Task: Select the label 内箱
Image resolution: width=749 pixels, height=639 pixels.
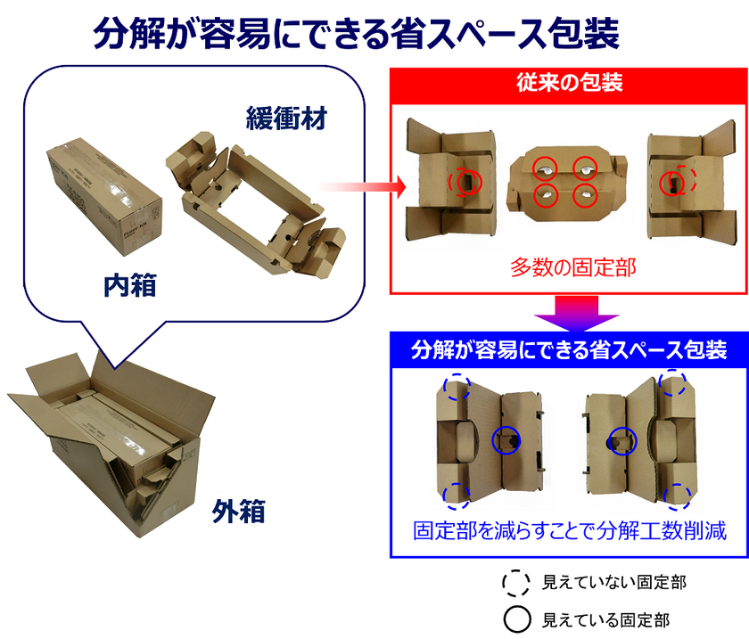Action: coord(130,285)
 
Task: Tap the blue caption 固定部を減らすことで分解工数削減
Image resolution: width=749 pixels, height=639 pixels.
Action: coord(570,531)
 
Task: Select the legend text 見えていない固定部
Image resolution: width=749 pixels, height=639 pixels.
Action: coord(614,583)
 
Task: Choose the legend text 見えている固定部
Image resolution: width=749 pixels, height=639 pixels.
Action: coord(605,619)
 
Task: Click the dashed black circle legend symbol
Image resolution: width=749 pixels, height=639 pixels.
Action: coord(517,583)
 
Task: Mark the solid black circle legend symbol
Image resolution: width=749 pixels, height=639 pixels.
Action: coord(517,619)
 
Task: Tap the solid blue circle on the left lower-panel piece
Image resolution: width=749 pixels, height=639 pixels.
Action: coord(506,439)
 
